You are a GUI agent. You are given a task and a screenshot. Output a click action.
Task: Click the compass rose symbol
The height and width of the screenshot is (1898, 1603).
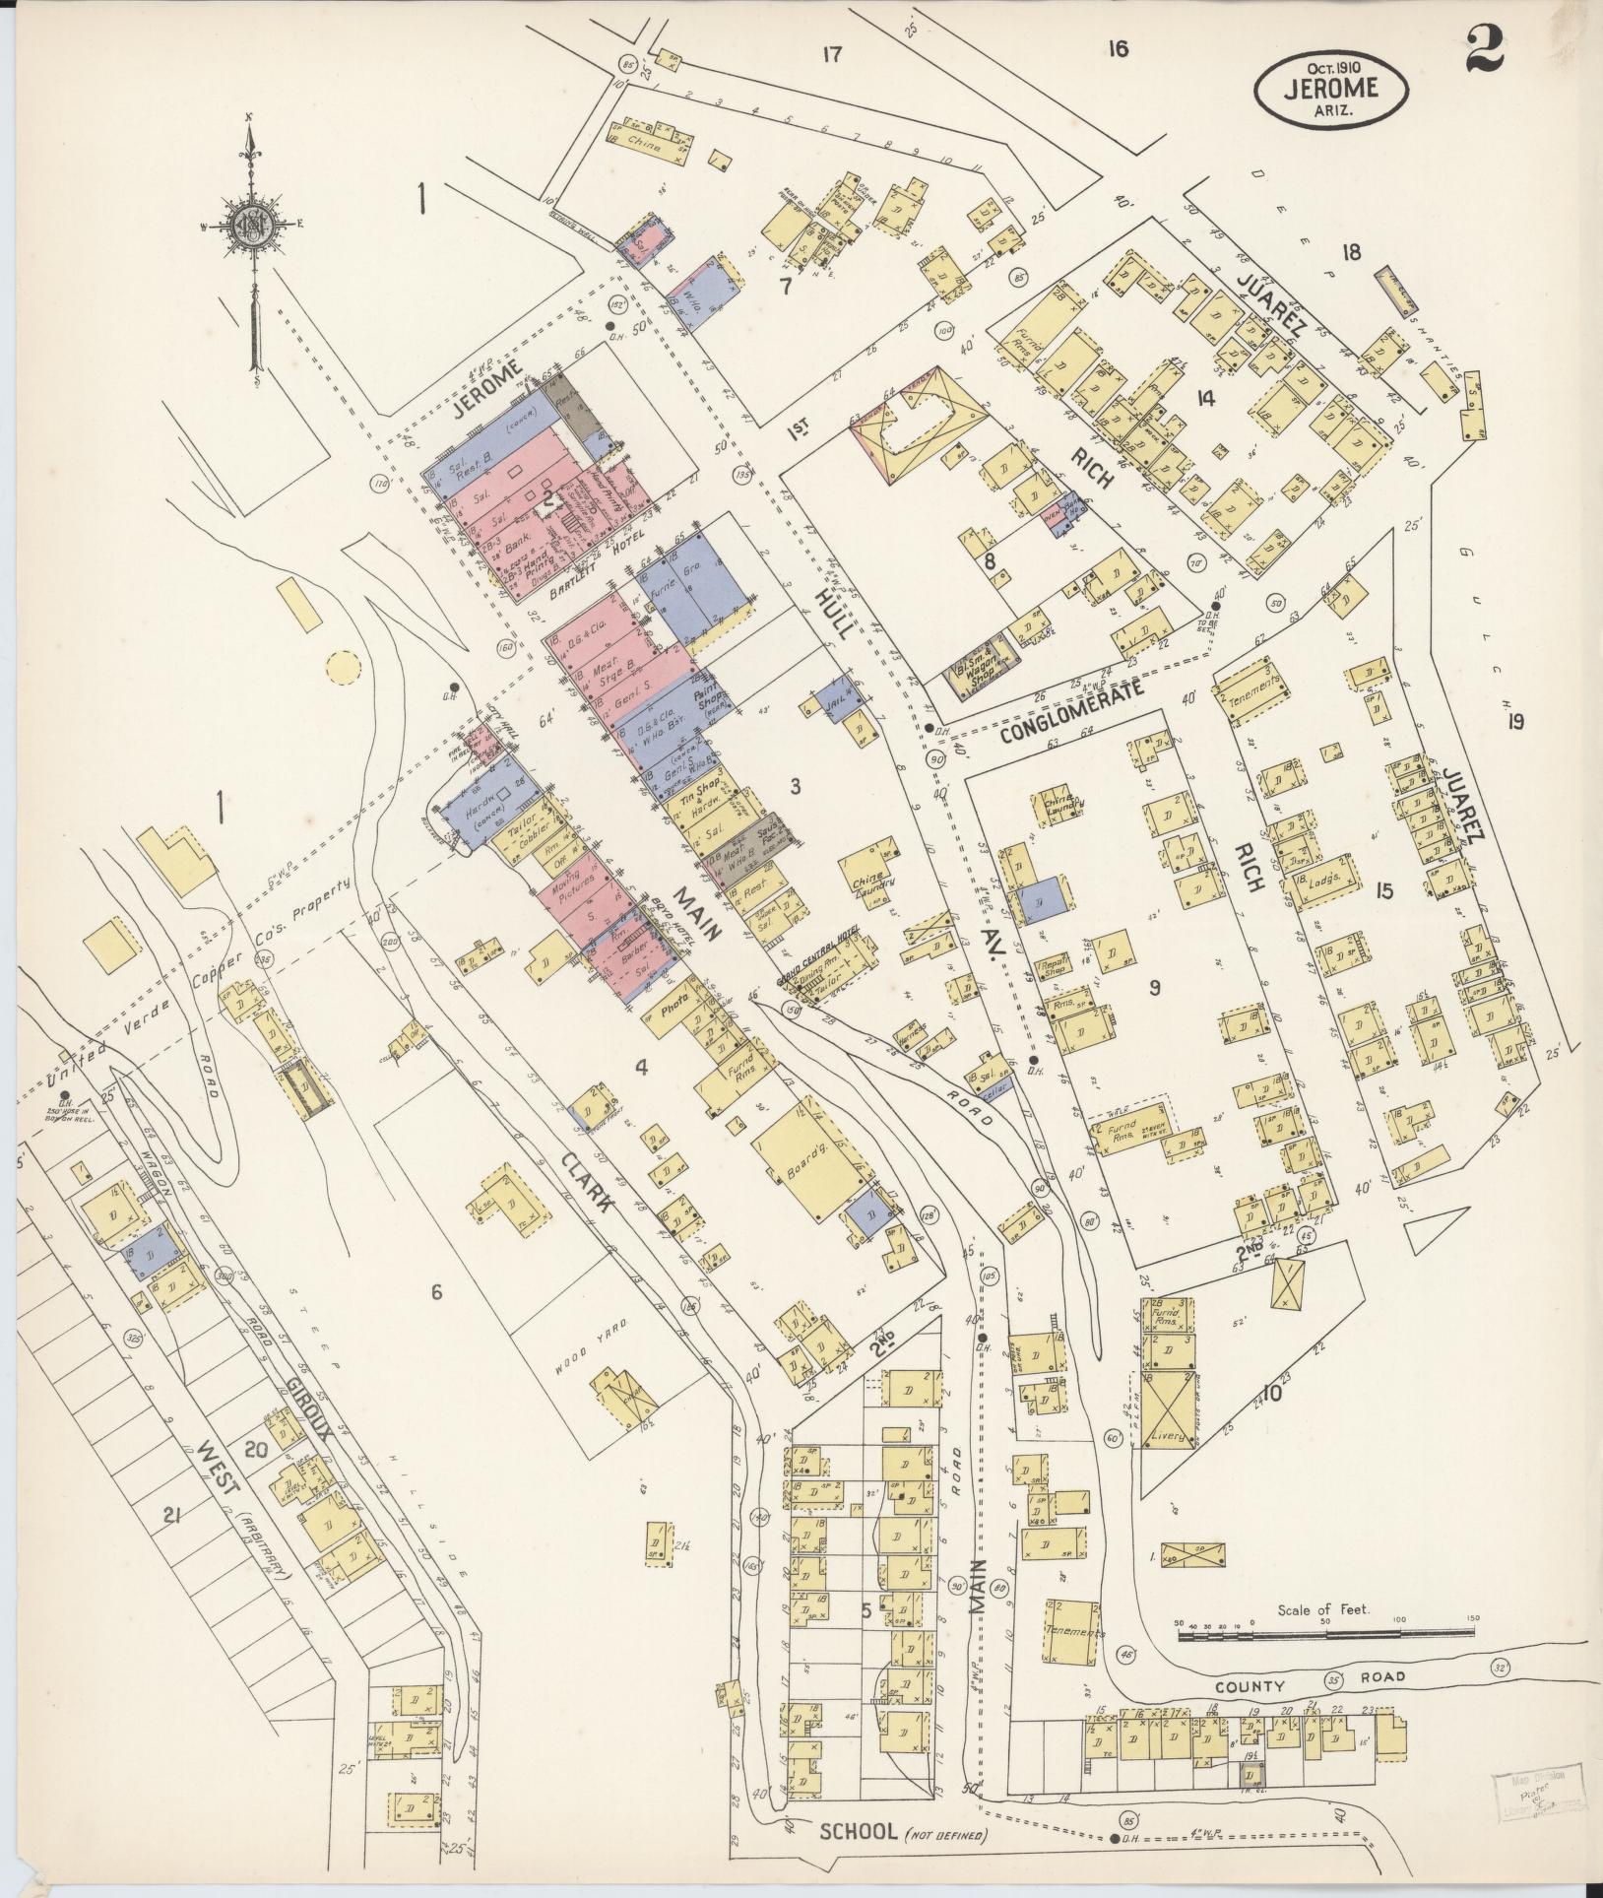(x=253, y=226)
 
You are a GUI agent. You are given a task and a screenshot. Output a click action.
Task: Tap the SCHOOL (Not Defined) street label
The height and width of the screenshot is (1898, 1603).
(x=901, y=1832)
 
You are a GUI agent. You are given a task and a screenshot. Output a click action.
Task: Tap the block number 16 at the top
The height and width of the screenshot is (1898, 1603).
(x=1116, y=49)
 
